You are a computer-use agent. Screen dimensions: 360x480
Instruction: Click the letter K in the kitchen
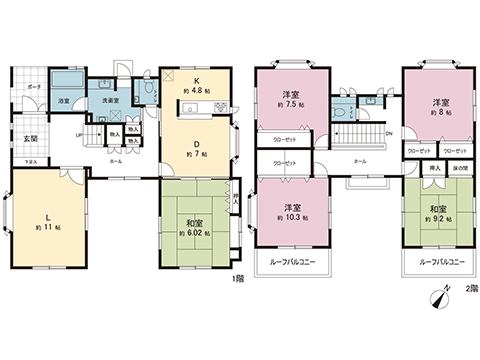tap(196, 79)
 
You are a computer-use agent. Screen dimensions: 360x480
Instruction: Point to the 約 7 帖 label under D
tap(196, 154)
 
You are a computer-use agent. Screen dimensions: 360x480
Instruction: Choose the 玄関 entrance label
tap(30, 138)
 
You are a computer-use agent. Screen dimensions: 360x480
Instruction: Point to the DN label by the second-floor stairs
tap(388, 132)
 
